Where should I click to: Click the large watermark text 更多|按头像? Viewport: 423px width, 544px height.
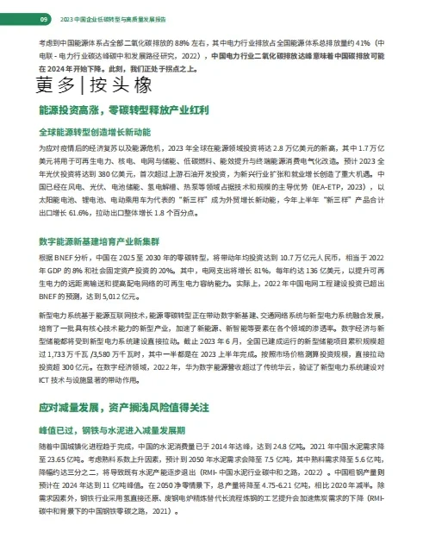[94, 84]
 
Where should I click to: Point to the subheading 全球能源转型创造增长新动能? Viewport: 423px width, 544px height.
[94, 133]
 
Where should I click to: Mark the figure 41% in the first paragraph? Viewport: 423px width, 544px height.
[366, 41]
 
